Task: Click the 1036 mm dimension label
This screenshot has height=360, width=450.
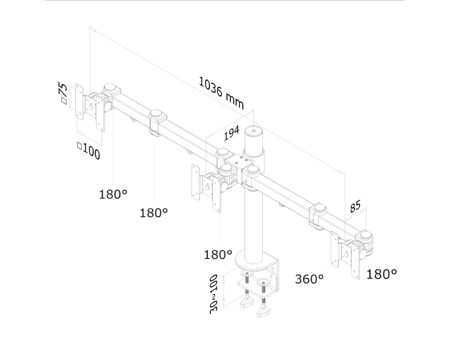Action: (221, 93)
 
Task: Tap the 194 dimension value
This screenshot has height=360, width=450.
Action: (231, 133)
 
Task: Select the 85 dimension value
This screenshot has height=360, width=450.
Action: (355, 207)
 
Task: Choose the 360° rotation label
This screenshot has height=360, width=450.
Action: (309, 279)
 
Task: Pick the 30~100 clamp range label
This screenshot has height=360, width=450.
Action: (214, 293)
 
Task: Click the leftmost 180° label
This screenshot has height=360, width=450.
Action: (113, 194)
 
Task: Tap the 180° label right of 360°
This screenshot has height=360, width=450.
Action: (382, 274)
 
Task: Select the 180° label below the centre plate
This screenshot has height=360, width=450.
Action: (218, 255)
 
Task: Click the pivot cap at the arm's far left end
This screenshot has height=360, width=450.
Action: (109, 88)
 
